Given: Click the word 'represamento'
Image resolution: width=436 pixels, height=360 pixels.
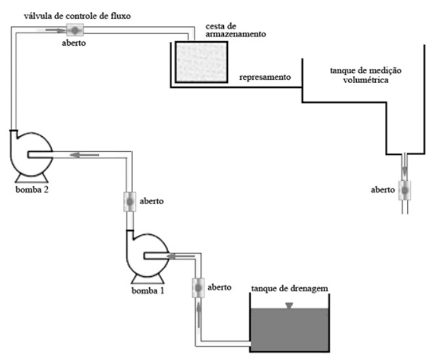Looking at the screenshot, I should (x=264, y=77).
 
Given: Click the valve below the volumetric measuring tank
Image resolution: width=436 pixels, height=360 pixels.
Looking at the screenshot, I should (x=404, y=190).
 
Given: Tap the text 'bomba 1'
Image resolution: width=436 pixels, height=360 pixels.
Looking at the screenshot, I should (x=146, y=290).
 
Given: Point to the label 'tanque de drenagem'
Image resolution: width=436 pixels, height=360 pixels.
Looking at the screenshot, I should (x=289, y=287).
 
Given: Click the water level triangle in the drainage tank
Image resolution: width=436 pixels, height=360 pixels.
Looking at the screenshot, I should (x=288, y=306).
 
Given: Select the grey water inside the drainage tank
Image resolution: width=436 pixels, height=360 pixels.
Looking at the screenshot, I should (x=289, y=331).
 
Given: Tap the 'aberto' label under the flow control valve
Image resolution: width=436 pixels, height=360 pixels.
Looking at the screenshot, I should (x=73, y=43).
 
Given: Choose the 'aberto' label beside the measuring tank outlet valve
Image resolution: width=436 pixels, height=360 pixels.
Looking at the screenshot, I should (x=382, y=190).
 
